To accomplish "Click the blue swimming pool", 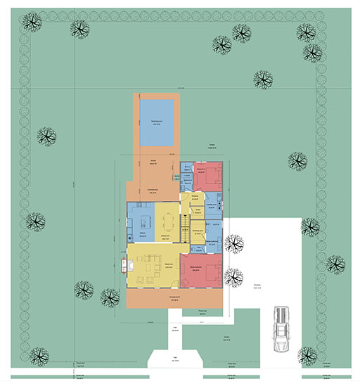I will click(157, 123).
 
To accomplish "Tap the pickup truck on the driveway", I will click(281, 331).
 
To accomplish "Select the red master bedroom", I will click(202, 270).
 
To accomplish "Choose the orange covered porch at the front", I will click(175, 299).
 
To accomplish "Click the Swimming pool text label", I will click(156, 122).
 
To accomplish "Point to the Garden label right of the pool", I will click(212, 145).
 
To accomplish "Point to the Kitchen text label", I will click(141, 233).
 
